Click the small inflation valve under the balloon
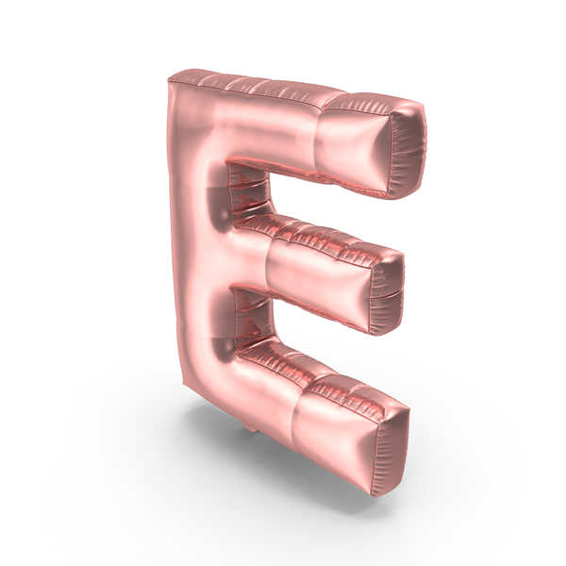coord(251,429)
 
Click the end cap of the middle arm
coord(387,291)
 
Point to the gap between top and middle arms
coord(249,191)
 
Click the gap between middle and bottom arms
coord(253,318)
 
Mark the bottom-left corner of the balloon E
coord(184,382)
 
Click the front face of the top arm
coord(352,148)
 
